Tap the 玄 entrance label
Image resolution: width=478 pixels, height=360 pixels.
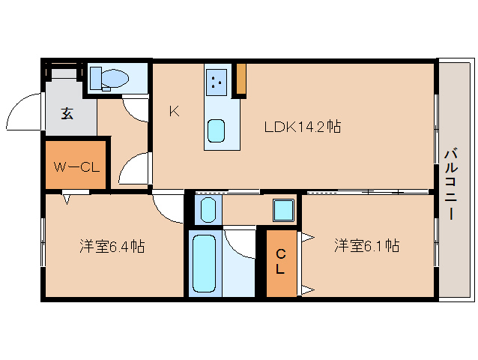coord(67,114)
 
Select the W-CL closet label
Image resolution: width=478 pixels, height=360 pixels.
coord(76,166)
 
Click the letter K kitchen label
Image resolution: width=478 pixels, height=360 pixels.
coord(174,112)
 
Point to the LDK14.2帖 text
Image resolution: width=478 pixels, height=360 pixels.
coord(302,127)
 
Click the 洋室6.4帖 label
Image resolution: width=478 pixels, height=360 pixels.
coord(113,246)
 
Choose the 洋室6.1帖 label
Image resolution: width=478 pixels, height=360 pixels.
coord(366,245)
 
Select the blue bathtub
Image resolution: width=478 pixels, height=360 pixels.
coord(203,262)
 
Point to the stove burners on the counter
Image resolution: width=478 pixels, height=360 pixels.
coord(217,80)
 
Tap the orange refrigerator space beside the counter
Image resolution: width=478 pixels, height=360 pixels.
coord(241,80)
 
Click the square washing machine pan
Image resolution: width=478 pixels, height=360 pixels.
coord(283,210)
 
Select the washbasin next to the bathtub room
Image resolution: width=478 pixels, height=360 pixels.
coord(208,209)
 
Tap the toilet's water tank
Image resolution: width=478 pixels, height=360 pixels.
coord(97,77)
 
